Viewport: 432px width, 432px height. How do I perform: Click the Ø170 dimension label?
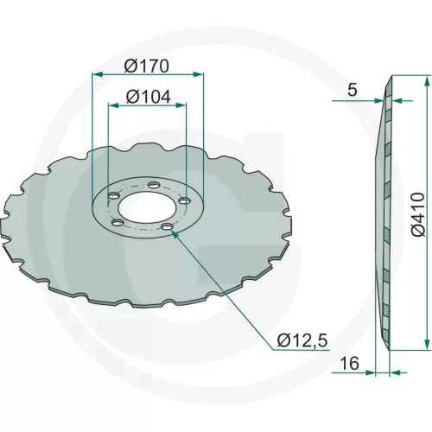(147, 66)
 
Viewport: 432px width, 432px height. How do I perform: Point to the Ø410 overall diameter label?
(417, 214)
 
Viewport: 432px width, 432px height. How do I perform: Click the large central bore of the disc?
(143, 206)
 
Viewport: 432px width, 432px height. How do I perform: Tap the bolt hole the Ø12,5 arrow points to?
(169, 226)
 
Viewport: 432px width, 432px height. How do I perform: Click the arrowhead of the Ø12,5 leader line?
(175, 232)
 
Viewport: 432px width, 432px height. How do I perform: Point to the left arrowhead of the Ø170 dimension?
(95, 75)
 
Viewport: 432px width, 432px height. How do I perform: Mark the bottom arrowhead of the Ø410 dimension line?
(428, 346)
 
